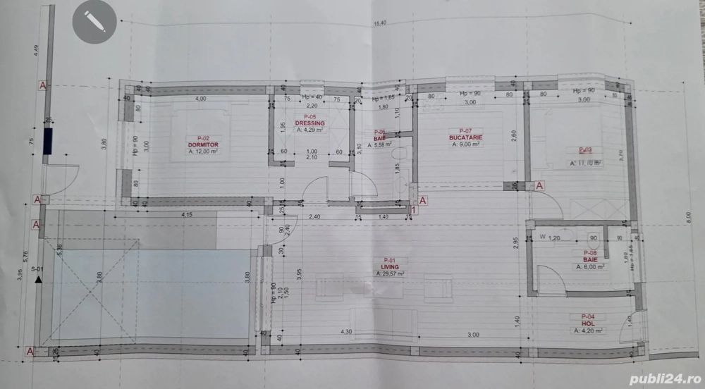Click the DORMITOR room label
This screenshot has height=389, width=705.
click(x=203, y=144)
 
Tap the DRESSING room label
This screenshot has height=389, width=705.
click(x=309, y=123)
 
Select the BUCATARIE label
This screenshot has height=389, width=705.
click(x=464, y=137)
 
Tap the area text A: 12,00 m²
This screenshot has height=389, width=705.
click(x=203, y=151)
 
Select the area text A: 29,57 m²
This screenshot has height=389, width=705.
click(x=389, y=273)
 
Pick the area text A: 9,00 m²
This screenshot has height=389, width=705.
click(x=464, y=144)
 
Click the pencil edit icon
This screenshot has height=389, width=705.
click(x=94, y=21)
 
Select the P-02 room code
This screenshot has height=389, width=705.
click(x=203, y=138)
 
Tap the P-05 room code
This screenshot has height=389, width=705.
click(x=309, y=117)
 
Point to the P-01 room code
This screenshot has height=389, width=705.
click(x=389, y=260)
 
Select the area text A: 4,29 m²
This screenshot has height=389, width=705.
click(x=309, y=130)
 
